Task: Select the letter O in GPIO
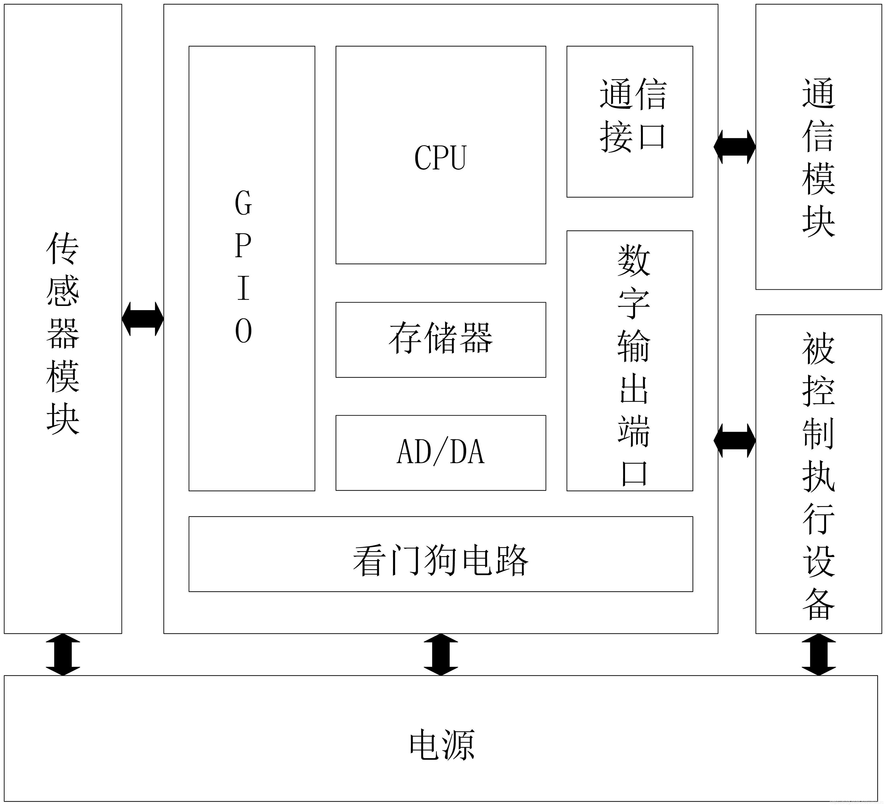(x=243, y=330)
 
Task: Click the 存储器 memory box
(x=440, y=339)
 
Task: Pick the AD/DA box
(x=440, y=452)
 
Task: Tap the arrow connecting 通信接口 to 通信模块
(x=734, y=147)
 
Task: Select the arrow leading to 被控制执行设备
(x=734, y=440)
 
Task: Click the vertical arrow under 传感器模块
(x=63, y=654)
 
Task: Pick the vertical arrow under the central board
(x=440, y=654)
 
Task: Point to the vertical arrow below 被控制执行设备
(x=818, y=654)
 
